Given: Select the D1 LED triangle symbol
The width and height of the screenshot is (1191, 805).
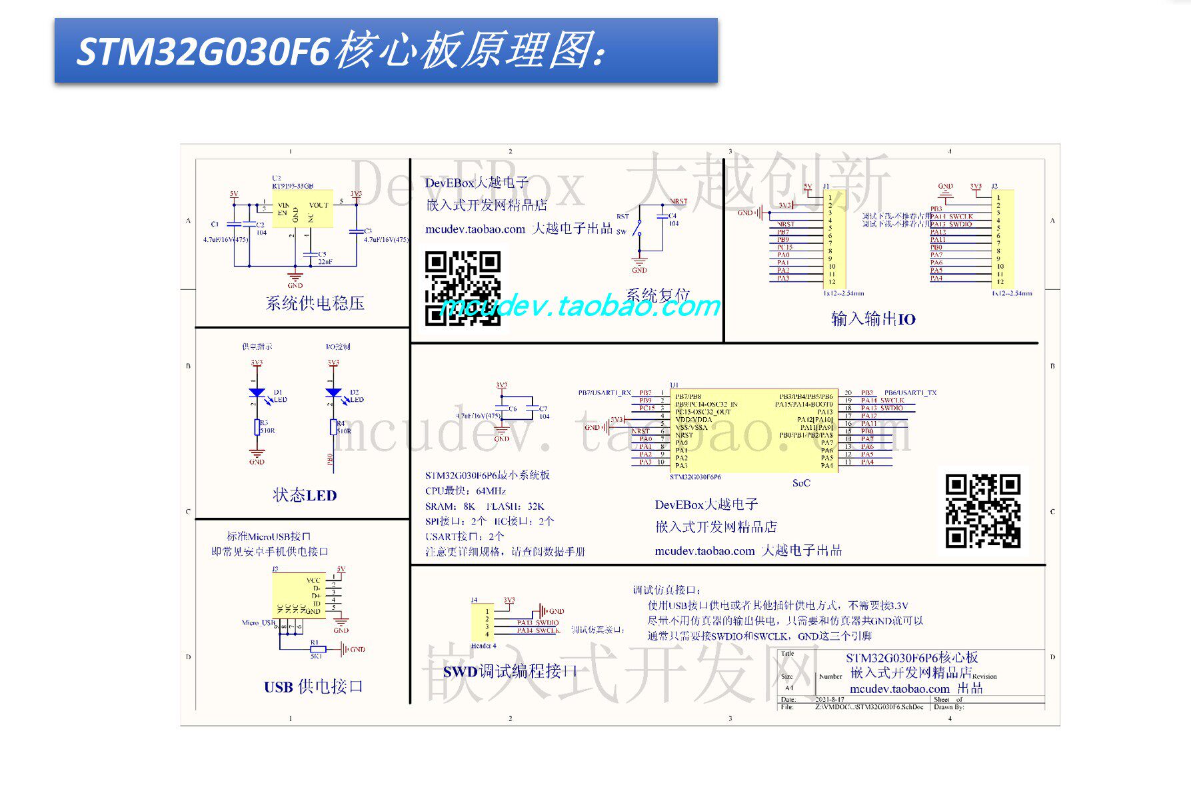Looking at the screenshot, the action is pyautogui.click(x=257, y=393).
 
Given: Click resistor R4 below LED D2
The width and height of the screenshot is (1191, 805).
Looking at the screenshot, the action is pyautogui.click(x=333, y=427).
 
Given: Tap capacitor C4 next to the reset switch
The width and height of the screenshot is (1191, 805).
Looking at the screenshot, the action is pyautogui.click(x=662, y=216).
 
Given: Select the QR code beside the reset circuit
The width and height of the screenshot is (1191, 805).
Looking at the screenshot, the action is pyautogui.click(x=463, y=288).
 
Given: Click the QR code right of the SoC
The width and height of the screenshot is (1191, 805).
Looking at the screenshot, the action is pyautogui.click(x=982, y=510).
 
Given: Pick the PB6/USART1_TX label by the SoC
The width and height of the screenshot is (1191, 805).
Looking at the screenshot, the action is pyautogui.click(x=910, y=393).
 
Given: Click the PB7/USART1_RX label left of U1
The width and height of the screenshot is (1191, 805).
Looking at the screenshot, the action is pyautogui.click(x=604, y=393).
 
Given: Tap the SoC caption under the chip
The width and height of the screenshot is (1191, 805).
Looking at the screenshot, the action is pyautogui.click(x=801, y=483).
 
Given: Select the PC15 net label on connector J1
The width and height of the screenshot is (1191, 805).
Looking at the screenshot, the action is pyautogui.click(x=784, y=247).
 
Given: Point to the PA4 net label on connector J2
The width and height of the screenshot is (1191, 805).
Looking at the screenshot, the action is pyautogui.click(x=936, y=279).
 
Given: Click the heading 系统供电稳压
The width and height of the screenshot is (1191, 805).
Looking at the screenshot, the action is pyautogui.click(x=315, y=304).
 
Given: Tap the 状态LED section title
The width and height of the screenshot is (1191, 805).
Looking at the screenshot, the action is pyautogui.click(x=305, y=495).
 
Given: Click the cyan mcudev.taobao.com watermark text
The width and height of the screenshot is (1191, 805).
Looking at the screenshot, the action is pyautogui.click(x=580, y=307).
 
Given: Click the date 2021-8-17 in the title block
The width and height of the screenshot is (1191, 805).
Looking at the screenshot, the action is pyautogui.click(x=829, y=700).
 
